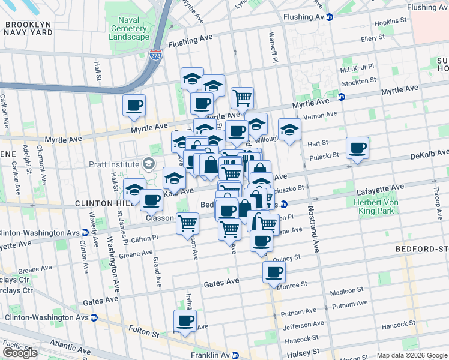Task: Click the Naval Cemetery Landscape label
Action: pos(129,28)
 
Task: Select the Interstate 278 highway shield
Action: pos(156,55)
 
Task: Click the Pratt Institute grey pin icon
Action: pos(148,164)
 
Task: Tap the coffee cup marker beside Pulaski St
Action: pos(358,148)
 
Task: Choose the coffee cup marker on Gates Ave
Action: pos(274,272)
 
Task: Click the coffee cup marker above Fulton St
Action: pos(185,320)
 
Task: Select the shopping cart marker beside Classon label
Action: pos(188,223)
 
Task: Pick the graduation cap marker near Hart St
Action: pos(289,129)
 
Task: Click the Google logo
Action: pos(20,353)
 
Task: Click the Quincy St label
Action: pos(286,257)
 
